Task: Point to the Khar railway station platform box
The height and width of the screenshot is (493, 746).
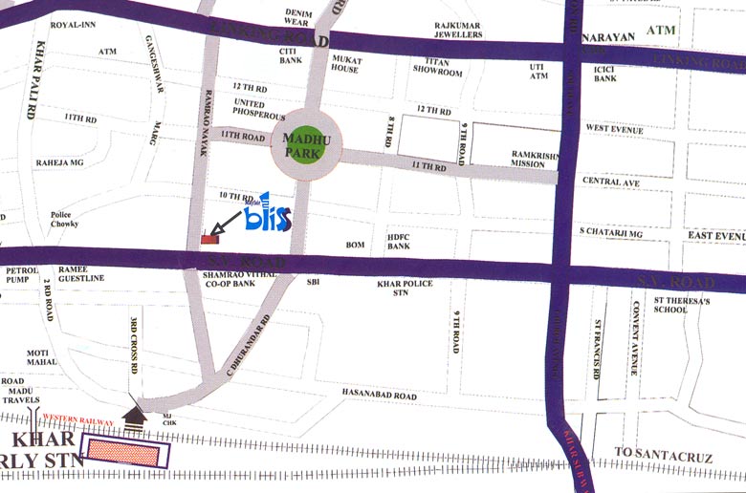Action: [125, 451]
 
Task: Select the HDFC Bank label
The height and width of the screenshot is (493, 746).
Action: [399, 241]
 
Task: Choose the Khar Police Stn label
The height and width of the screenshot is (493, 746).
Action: [406, 289]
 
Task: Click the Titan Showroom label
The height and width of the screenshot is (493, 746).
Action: [437, 67]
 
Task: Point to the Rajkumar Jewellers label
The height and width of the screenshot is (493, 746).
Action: [459, 30]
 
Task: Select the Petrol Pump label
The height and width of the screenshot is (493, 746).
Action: [21, 275]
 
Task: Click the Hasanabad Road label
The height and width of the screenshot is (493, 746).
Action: [380, 395]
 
